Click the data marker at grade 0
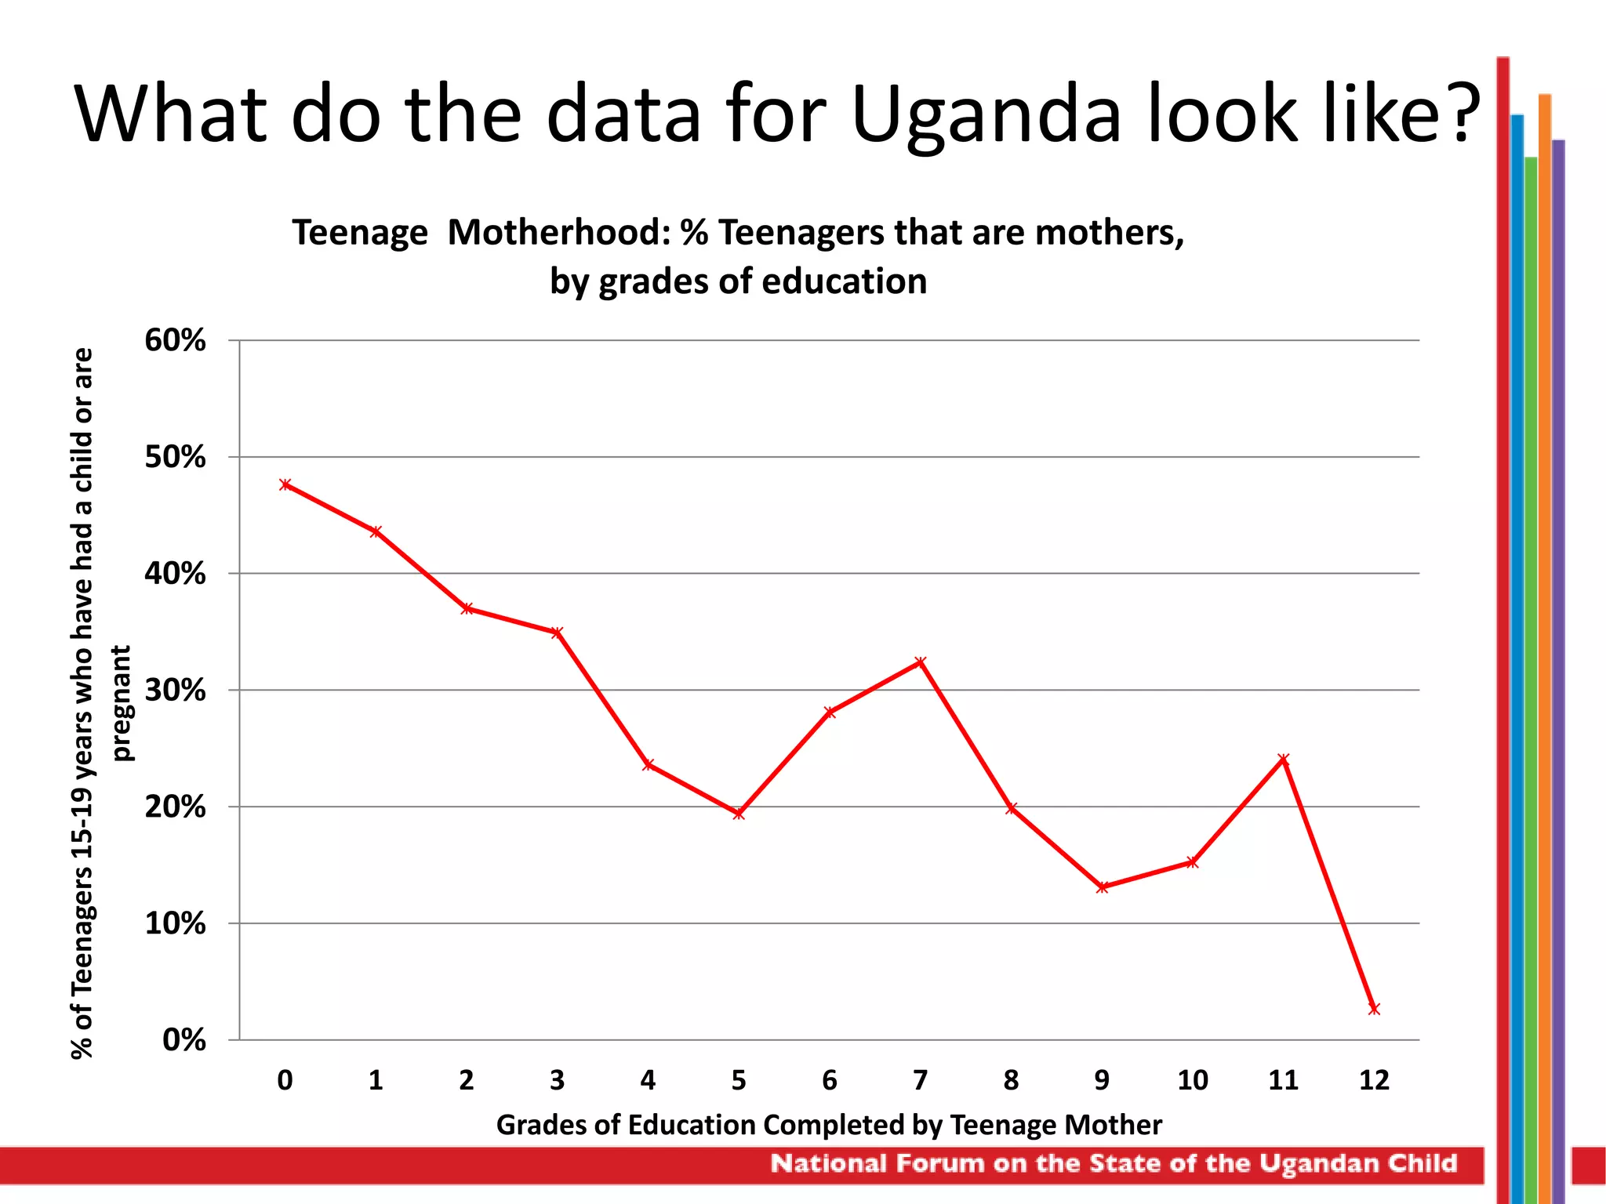[x=285, y=484]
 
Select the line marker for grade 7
[x=921, y=662]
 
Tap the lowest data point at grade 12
[x=1374, y=1009]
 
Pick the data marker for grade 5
[x=739, y=814]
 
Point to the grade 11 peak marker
[x=1284, y=759]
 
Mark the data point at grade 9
[x=1102, y=887]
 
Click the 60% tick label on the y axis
[x=175, y=340]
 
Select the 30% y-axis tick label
[x=175, y=690]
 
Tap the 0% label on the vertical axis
[x=183, y=1040]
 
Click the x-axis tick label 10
[x=1192, y=1080]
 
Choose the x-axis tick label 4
[x=648, y=1080]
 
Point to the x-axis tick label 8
[x=1011, y=1080]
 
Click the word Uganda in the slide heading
[x=986, y=115]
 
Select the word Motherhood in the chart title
[x=558, y=233]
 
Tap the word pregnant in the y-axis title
[x=122, y=703]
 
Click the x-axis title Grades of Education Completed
[x=829, y=1125]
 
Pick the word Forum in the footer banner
[x=939, y=1163]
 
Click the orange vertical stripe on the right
[x=1544, y=627]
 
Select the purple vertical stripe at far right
[x=1558, y=627]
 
